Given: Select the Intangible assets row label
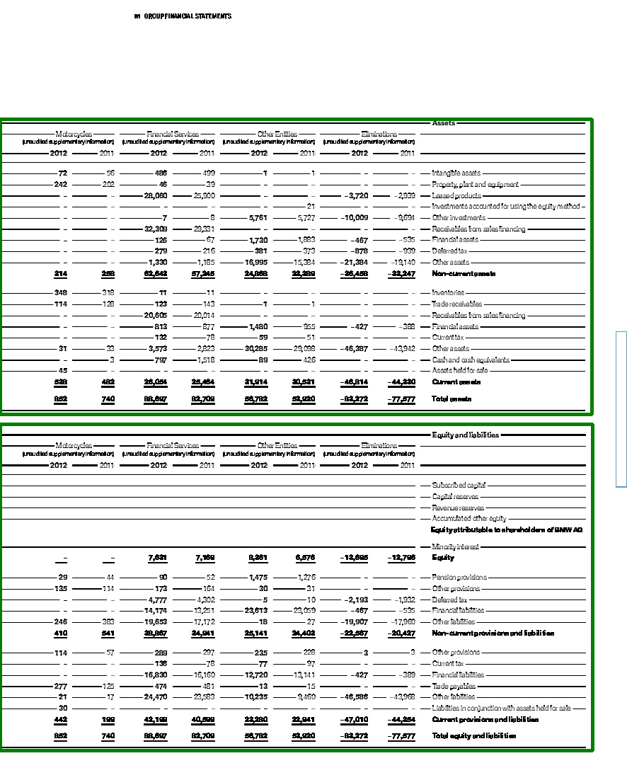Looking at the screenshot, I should (x=456, y=173).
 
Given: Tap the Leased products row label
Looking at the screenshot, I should (x=456, y=195).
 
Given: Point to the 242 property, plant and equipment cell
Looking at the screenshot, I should (x=60, y=184).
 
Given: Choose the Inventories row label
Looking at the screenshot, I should (x=448, y=292).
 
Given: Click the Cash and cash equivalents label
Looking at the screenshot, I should (x=471, y=360).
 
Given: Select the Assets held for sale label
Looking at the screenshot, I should (x=460, y=370).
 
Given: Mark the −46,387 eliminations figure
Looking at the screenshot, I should (x=354, y=348).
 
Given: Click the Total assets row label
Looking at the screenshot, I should (x=451, y=398).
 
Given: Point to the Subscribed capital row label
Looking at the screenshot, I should (x=459, y=486).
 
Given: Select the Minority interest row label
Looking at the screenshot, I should (x=455, y=546).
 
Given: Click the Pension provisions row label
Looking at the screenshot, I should (x=459, y=578).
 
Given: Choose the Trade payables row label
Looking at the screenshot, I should (x=454, y=686).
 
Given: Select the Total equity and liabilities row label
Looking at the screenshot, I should (x=473, y=736).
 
